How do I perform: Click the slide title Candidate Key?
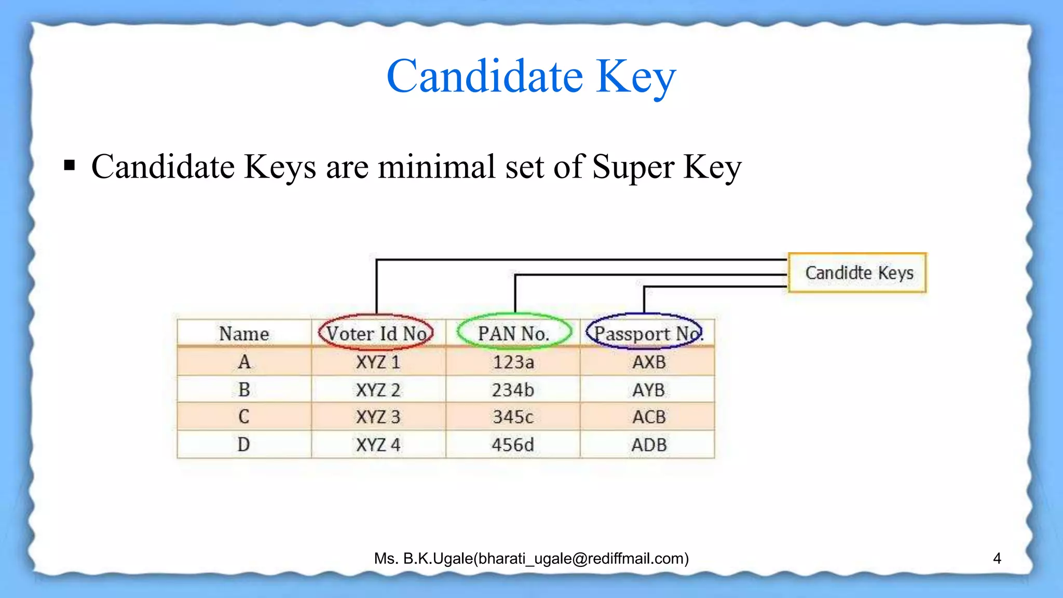click(531, 76)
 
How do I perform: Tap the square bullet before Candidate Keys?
click(70, 166)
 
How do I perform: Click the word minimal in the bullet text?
click(436, 167)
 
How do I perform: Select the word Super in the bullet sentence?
click(633, 167)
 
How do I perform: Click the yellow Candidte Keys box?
click(857, 273)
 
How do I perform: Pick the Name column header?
click(244, 334)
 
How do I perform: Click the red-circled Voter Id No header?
click(376, 333)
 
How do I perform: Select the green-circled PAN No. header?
click(513, 333)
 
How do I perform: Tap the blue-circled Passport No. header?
click(645, 333)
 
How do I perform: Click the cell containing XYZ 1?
click(378, 362)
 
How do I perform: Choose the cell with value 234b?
click(513, 390)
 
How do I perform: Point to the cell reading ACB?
click(648, 417)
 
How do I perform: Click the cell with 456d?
click(513, 445)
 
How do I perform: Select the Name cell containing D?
click(244, 445)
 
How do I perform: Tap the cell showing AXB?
click(648, 362)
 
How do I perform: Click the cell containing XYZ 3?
click(378, 417)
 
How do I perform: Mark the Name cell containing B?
click(244, 390)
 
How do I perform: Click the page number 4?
click(997, 559)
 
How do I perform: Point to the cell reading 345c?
click(513, 417)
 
